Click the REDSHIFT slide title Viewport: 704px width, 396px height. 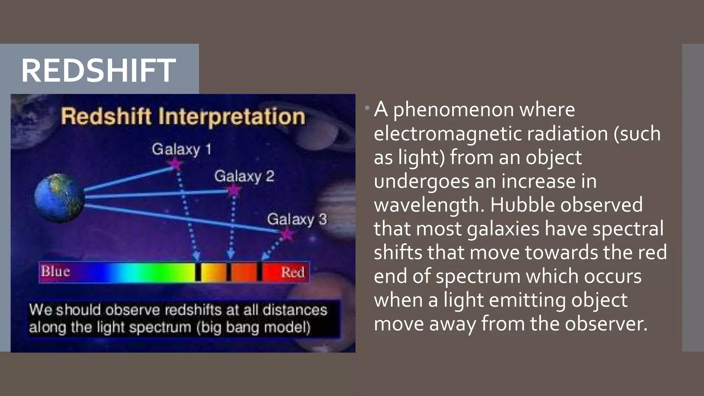pyautogui.click(x=98, y=70)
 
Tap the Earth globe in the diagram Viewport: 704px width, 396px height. pyautogui.click(x=59, y=198)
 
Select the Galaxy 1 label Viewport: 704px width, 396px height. pyautogui.click(x=181, y=150)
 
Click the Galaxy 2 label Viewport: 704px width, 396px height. pyautogui.click(x=244, y=176)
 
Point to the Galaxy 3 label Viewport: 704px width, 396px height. pyautogui.click(x=297, y=219)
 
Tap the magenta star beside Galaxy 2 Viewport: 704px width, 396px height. pyautogui.click(x=234, y=189)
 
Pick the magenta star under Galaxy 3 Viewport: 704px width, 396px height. pyautogui.click(x=287, y=235)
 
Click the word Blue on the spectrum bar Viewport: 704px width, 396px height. pyautogui.click(x=55, y=271)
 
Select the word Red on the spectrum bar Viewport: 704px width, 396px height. pyautogui.click(x=293, y=272)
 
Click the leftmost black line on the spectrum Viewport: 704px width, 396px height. pyautogui.click(x=198, y=272)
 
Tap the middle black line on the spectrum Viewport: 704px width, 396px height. pyautogui.click(x=229, y=272)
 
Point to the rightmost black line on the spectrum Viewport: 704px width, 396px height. pyautogui.click(x=260, y=272)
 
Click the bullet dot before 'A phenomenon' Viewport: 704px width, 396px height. pyautogui.click(x=367, y=108)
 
